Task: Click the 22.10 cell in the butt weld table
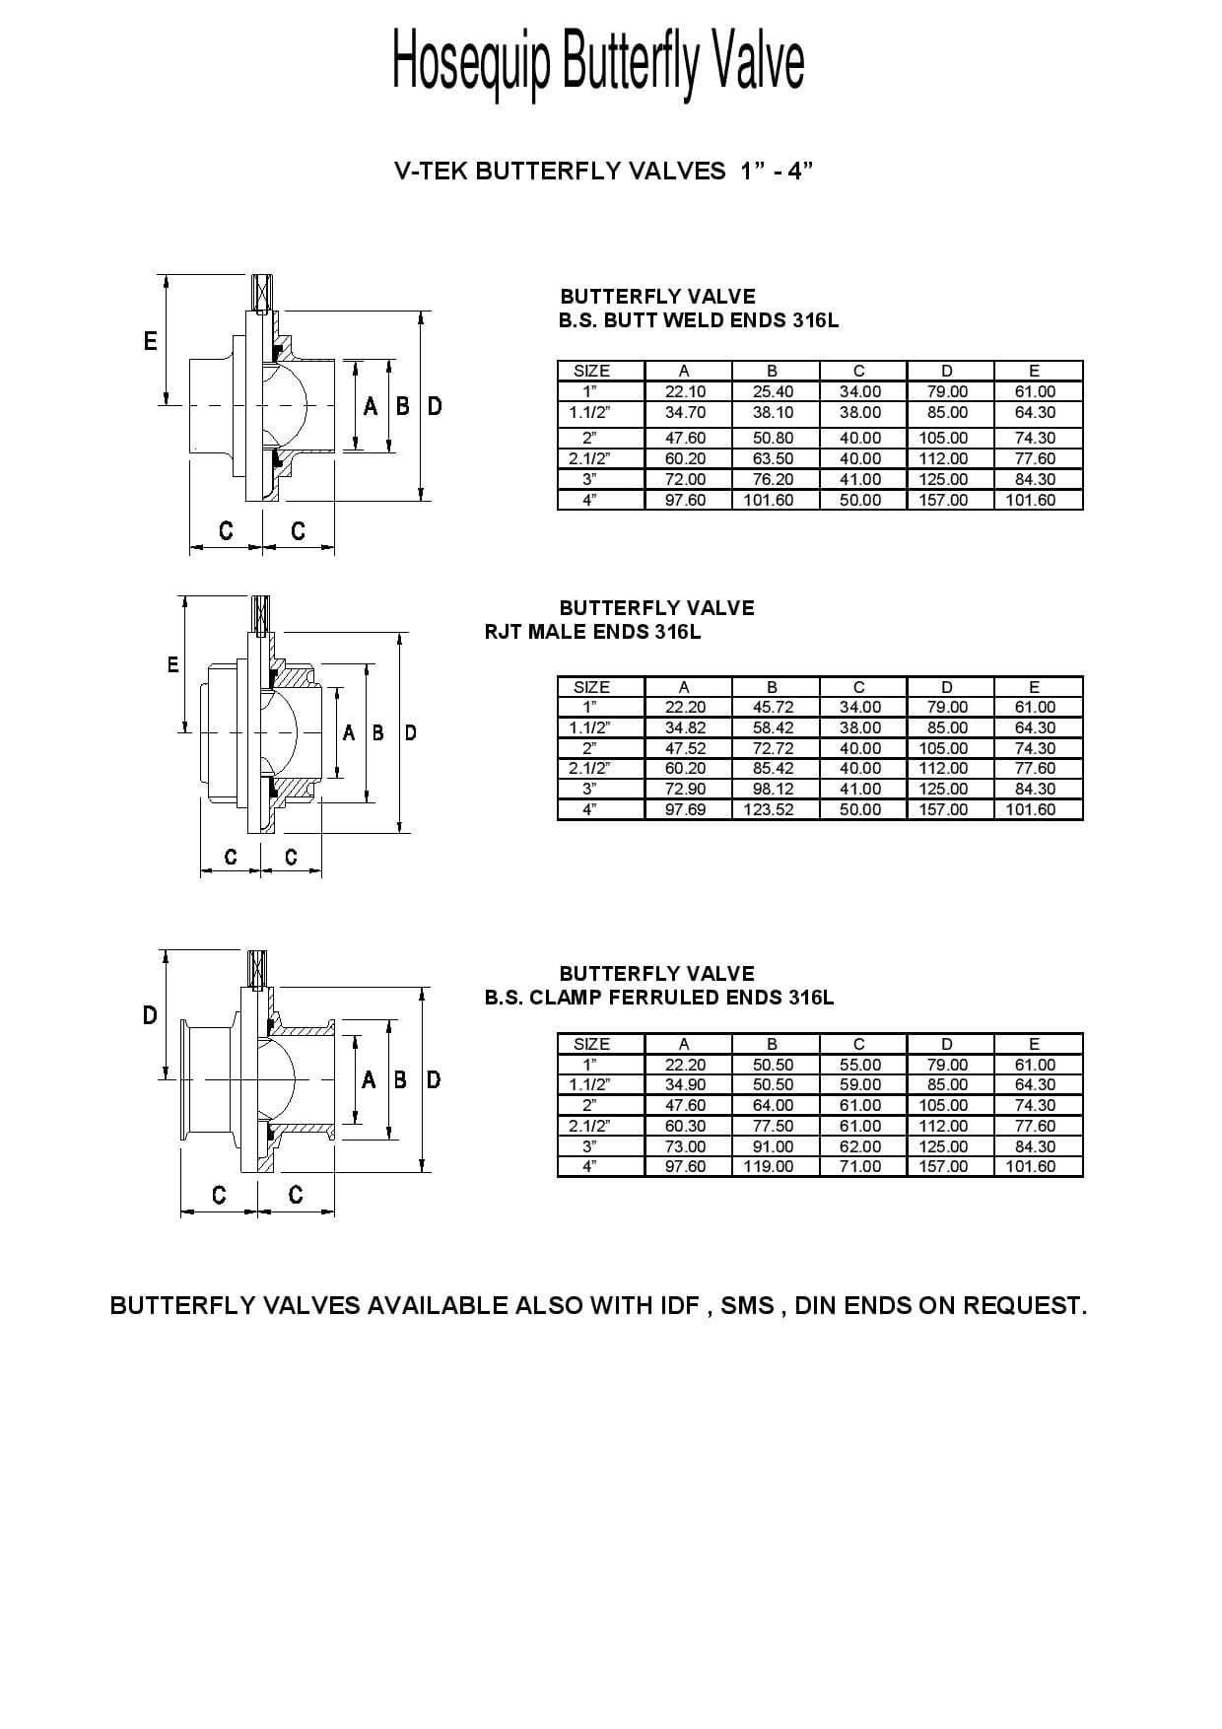pyautogui.click(x=685, y=391)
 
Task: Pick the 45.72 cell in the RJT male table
pyautogui.click(x=772, y=707)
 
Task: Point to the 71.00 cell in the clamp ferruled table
pyautogui.click(x=859, y=1166)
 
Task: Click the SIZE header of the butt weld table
pyautogui.click(x=591, y=371)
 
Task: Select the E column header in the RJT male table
pyautogui.click(x=1034, y=687)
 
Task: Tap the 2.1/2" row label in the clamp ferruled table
pyautogui.click(x=589, y=1126)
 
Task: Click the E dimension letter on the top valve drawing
pyautogui.click(x=150, y=341)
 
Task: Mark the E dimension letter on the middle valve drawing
pyautogui.click(x=172, y=664)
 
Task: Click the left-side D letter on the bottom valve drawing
pyautogui.click(x=150, y=1015)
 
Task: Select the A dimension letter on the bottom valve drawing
pyautogui.click(x=369, y=1079)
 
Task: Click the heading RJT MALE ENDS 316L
pyautogui.click(x=592, y=632)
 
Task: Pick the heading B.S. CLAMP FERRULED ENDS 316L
pyautogui.click(x=659, y=997)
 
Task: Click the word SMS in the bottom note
pyautogui.click(x=747, y=1305)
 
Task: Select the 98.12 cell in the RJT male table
pyautogui.click(x=772, y=789)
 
